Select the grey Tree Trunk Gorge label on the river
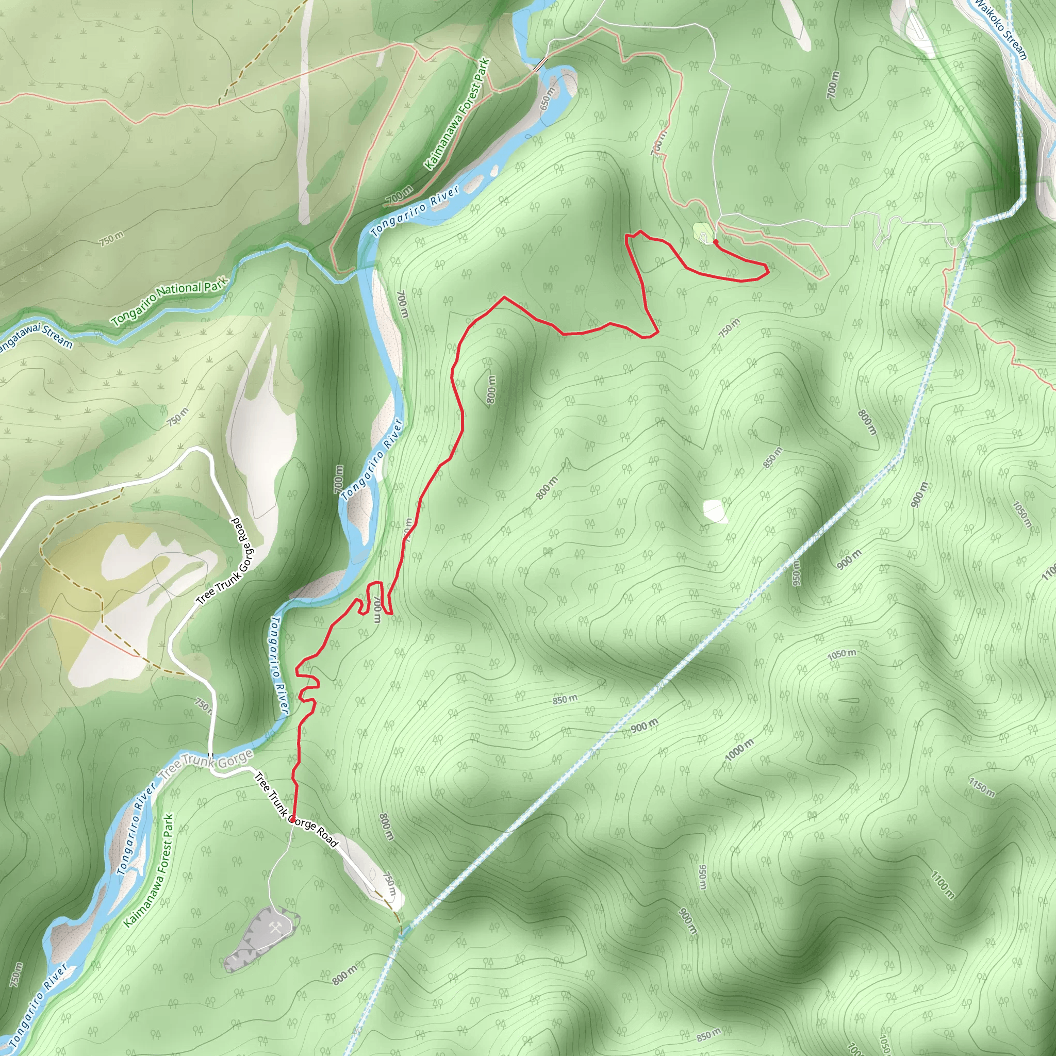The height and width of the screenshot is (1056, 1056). (x=206, y=766)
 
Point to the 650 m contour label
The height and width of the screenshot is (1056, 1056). (x=548, y=98)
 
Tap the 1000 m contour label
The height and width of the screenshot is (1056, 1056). (x=739, y=750)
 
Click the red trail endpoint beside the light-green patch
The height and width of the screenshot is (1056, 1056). (x=716, y=241)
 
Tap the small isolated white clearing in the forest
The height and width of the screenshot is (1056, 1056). (x=714, y=510)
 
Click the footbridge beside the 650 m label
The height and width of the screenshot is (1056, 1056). (x=540, y=64)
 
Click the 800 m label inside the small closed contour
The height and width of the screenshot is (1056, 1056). (x=491, y=390)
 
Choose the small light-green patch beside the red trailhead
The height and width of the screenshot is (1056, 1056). (x=702, y=233)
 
